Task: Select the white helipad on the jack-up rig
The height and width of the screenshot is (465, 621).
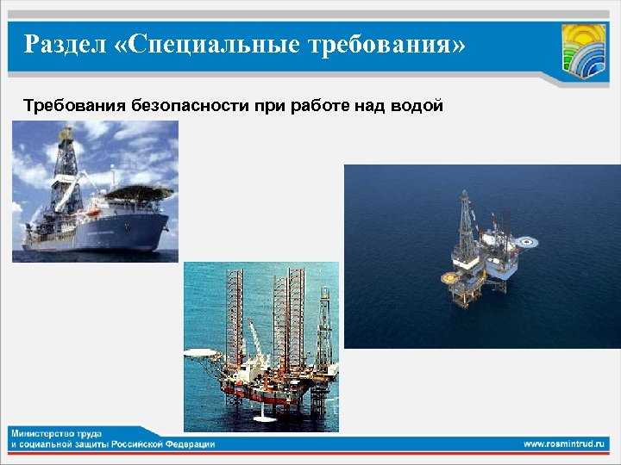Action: (201, 351)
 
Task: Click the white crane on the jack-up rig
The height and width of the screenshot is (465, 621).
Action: (255, 340)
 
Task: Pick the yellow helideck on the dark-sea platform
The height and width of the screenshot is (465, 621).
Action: (449, 278)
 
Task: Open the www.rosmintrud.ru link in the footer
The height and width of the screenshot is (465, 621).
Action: (566, 443)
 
